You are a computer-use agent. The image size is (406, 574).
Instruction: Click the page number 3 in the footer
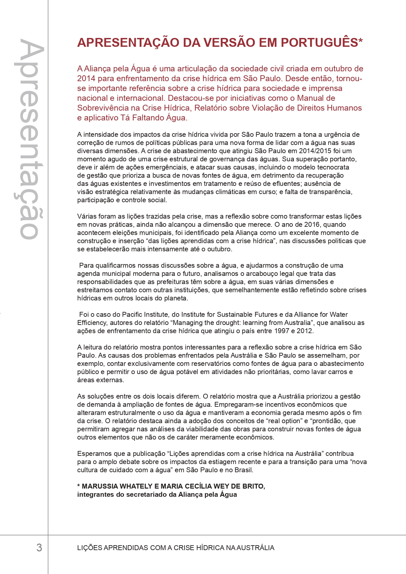39,547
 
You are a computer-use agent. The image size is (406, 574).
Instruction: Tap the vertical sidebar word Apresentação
29,139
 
